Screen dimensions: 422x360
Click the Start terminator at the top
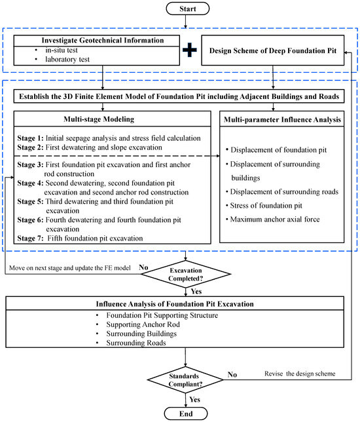coord(187,10)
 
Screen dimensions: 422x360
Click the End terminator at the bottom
coord(187,413)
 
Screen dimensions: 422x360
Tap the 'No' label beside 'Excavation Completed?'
coord(145,268)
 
